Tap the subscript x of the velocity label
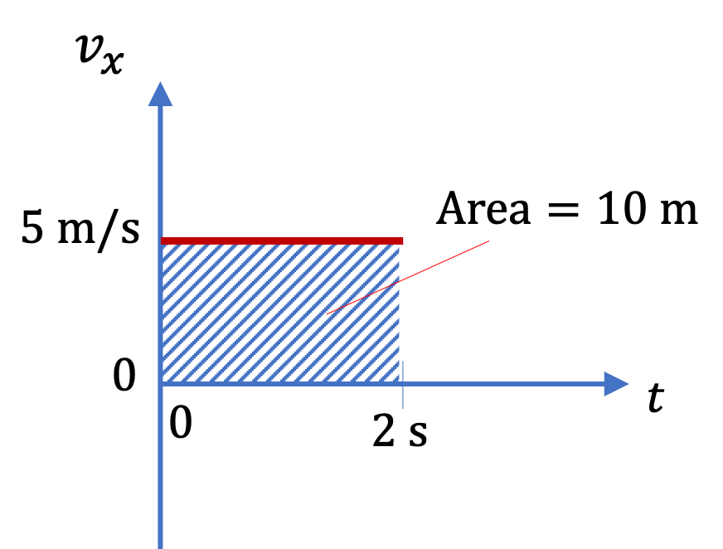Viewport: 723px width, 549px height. [x=113, y=63]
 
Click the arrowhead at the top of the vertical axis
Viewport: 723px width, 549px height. [x=160, y=94]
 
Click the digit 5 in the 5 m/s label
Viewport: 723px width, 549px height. [x=32, y=227]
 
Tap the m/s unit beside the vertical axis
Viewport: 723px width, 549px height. [x=98, y=230]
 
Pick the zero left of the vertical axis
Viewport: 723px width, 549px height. [x=124, y=375]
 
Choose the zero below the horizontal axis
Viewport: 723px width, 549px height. [x=180, y=423]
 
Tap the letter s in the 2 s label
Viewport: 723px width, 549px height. [x=418, y=435]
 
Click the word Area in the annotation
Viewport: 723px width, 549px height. [x=483, y=208]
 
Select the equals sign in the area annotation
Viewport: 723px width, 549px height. [x=563, y=210]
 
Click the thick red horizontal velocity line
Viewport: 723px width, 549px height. [x=282, y=240]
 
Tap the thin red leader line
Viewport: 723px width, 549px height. [x=408, y=277]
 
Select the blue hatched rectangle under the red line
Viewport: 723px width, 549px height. [x=280, y=313]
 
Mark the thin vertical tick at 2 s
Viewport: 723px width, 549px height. [x=402, y=385]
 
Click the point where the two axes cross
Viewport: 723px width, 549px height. [x=161, y=383]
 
